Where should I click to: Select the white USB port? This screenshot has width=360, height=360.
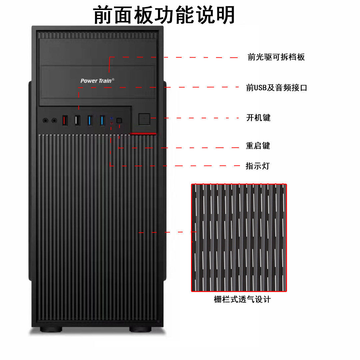tap(77, 120)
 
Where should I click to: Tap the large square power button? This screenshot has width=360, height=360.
tap(144, 119)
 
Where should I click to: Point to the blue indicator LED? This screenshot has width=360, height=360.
tap(111, 118)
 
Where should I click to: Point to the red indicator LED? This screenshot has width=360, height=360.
tap(111, 123)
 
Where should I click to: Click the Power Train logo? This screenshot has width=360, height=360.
tap(97, 80)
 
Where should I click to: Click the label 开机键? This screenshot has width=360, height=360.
tap(258, 118)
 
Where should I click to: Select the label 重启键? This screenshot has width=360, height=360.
tap(258, 146)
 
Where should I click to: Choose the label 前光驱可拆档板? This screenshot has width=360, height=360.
tap(276, 57)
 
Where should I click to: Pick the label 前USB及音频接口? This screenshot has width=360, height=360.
tap(276, 88)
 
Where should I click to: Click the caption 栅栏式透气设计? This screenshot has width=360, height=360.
tap(242, 299)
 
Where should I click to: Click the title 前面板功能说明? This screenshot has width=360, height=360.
tap(164, 15)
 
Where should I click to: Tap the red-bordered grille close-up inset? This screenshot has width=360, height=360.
tap(239, 237)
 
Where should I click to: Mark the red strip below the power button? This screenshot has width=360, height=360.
tap(143, 133)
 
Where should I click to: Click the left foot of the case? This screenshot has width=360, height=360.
tap(51, 329)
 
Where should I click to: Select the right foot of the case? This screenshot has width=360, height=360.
tap(140, 329)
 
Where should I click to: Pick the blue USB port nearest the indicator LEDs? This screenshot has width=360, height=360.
tap(102, 120)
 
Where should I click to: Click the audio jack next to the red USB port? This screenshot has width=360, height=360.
tap(54, 120)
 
